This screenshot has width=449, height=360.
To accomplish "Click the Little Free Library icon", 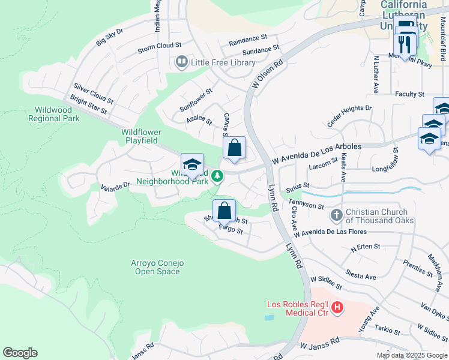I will [x=181, y=62].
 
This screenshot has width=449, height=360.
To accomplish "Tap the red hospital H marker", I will [x=337, y=308].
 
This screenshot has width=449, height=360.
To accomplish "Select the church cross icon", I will [x=336, y=215].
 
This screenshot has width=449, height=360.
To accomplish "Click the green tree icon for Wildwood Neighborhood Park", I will [x=219, y=176].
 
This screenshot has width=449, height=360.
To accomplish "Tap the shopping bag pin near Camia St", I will [x=235, y=147].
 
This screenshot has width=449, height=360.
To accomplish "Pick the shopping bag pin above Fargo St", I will [x=224, y=211].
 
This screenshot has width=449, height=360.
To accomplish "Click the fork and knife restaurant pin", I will [x=404, y=44].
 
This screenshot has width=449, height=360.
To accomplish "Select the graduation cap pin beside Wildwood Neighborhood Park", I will [x=192, y=165].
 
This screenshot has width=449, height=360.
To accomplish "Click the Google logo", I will [x=20, y=353].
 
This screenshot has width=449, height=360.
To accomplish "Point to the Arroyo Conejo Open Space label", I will [x=155, y=268].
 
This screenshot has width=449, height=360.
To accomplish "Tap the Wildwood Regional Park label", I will [x=54, y=114].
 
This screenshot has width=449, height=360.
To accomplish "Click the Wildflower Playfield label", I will [x=139, y=136].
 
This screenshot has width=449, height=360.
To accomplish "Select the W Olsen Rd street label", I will [x=267, y=74].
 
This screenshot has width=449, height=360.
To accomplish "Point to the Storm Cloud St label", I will [x=159, y=46].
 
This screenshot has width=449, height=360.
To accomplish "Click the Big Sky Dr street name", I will [x=109, y=37].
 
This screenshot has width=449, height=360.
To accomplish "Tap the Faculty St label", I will [x=410, y=94].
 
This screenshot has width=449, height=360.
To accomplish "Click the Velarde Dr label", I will [x=115, y=187].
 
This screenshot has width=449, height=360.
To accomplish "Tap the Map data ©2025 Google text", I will [x=411, y=355].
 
